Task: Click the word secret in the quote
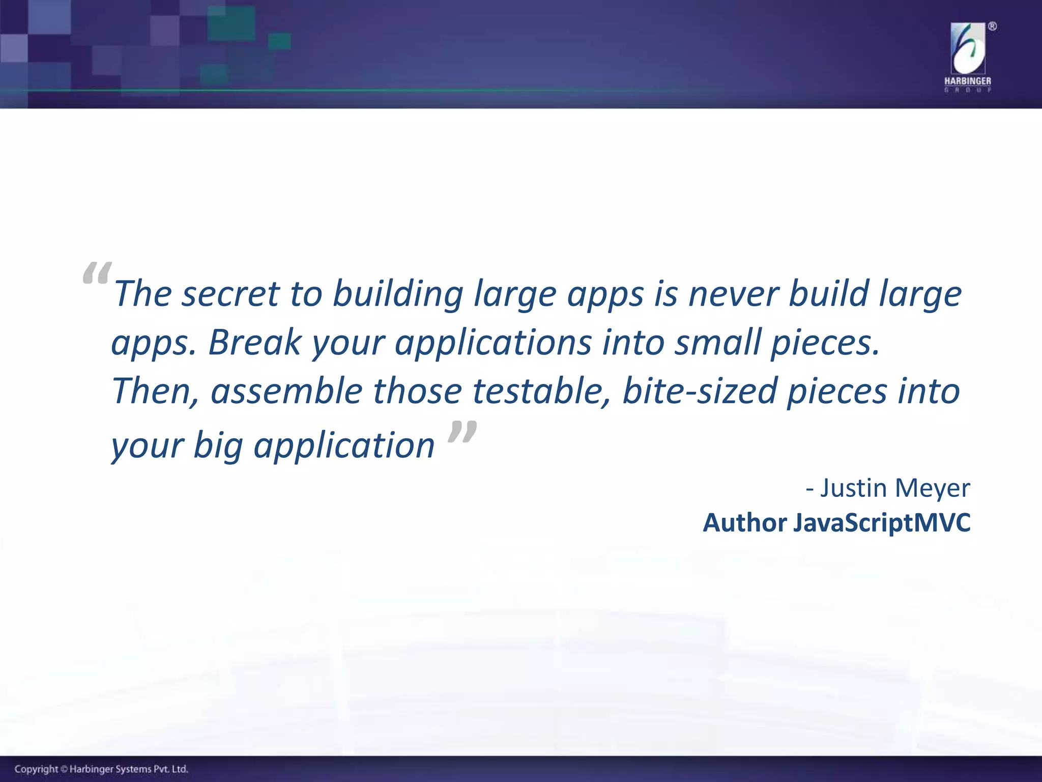(x=230, y=294)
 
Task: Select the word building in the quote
(x=398, y=294)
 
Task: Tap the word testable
(x=541, y=392)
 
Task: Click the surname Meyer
(x=932, y=488)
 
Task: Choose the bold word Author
(x=745, y=523)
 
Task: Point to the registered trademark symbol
(x=992, y=26)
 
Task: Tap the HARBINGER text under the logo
(x=968, y=81)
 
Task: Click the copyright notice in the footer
(x=101, y=769)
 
